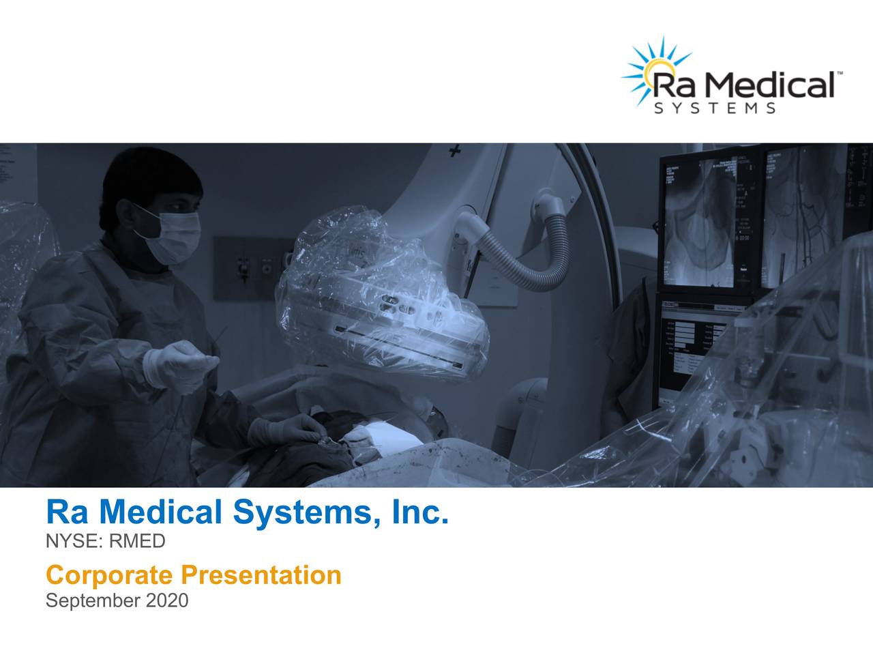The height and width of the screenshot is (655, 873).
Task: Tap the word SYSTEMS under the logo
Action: click(x=714, y=108)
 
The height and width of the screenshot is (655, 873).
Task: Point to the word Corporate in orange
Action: click(x=109, y=575)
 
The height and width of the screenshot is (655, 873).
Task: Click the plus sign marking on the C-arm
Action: click(x=454, y=150)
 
